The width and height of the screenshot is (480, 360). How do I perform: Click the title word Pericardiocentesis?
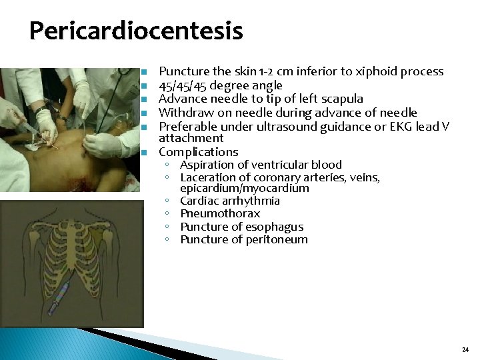pos(136,31)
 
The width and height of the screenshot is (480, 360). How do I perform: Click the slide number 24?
pos(465,350)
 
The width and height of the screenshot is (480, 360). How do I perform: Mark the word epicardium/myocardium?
pos(245,188)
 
